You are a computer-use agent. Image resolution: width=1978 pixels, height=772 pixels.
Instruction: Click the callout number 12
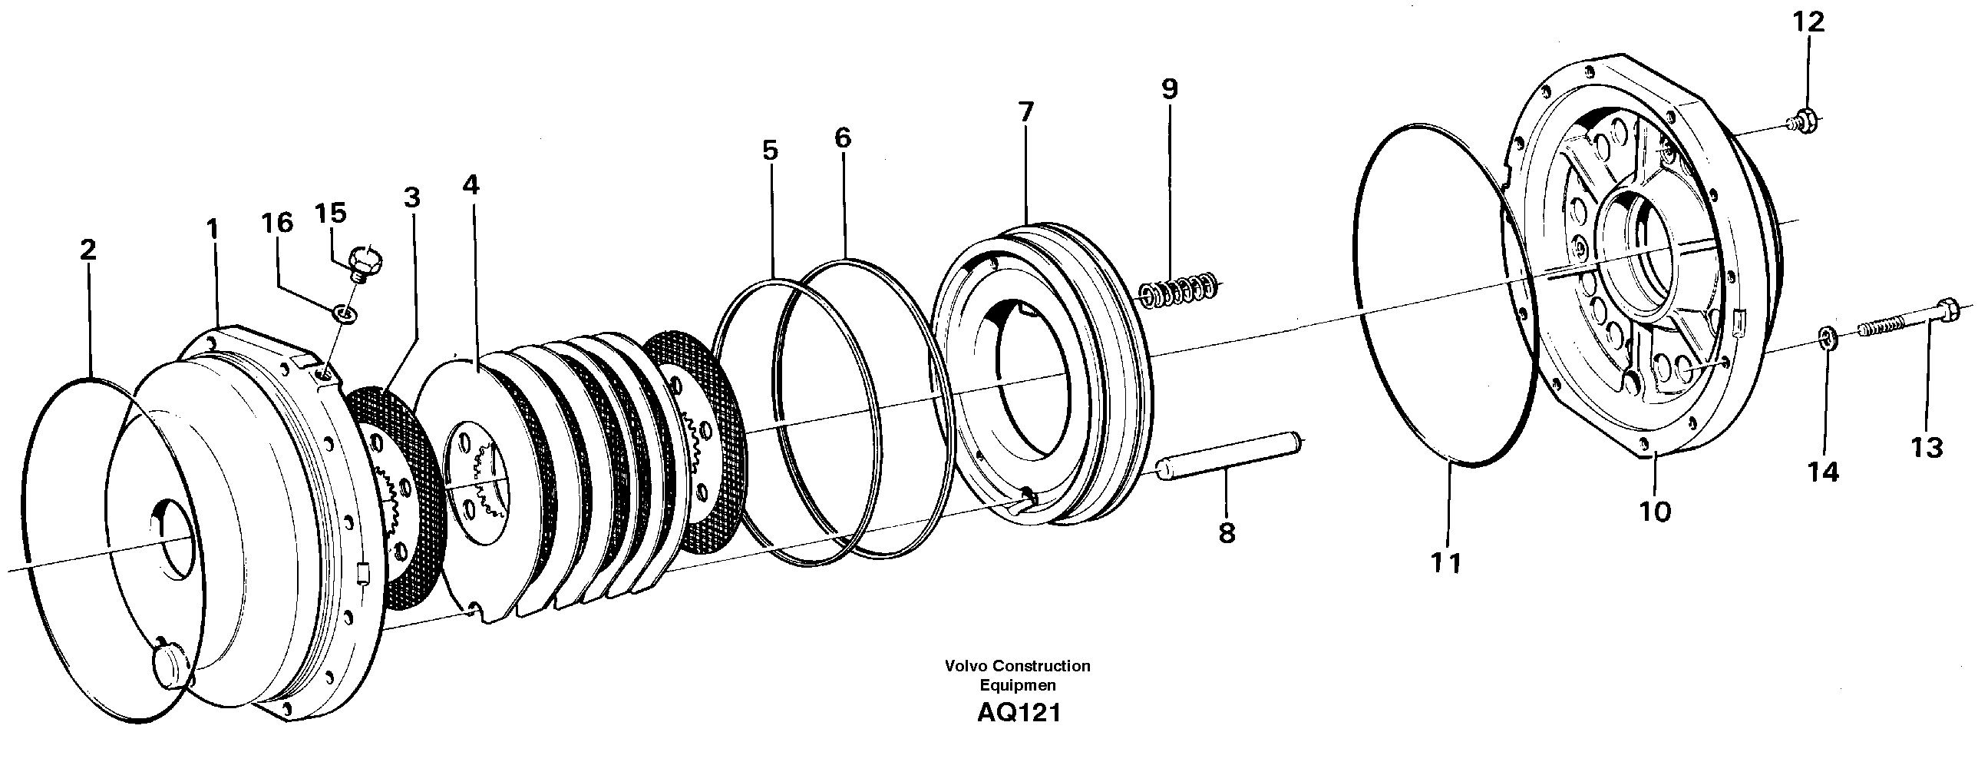click(x=1808, y=23)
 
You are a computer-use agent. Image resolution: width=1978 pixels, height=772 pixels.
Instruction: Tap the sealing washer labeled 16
click(x=344, y=313)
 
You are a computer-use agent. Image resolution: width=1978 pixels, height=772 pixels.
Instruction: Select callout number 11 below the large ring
click(x=1445, y=563)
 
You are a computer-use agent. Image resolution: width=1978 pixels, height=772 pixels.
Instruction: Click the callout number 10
click(x=1655, y=511)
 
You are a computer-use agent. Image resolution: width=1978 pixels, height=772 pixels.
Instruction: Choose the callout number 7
click(x=1026, y=112)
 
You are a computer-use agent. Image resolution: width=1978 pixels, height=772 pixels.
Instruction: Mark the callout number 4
click(x=471, y=185)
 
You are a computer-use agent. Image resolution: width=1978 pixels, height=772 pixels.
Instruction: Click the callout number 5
click(x=770, y=150)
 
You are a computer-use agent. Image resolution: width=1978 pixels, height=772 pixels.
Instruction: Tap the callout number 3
click(x=412, y=197)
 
